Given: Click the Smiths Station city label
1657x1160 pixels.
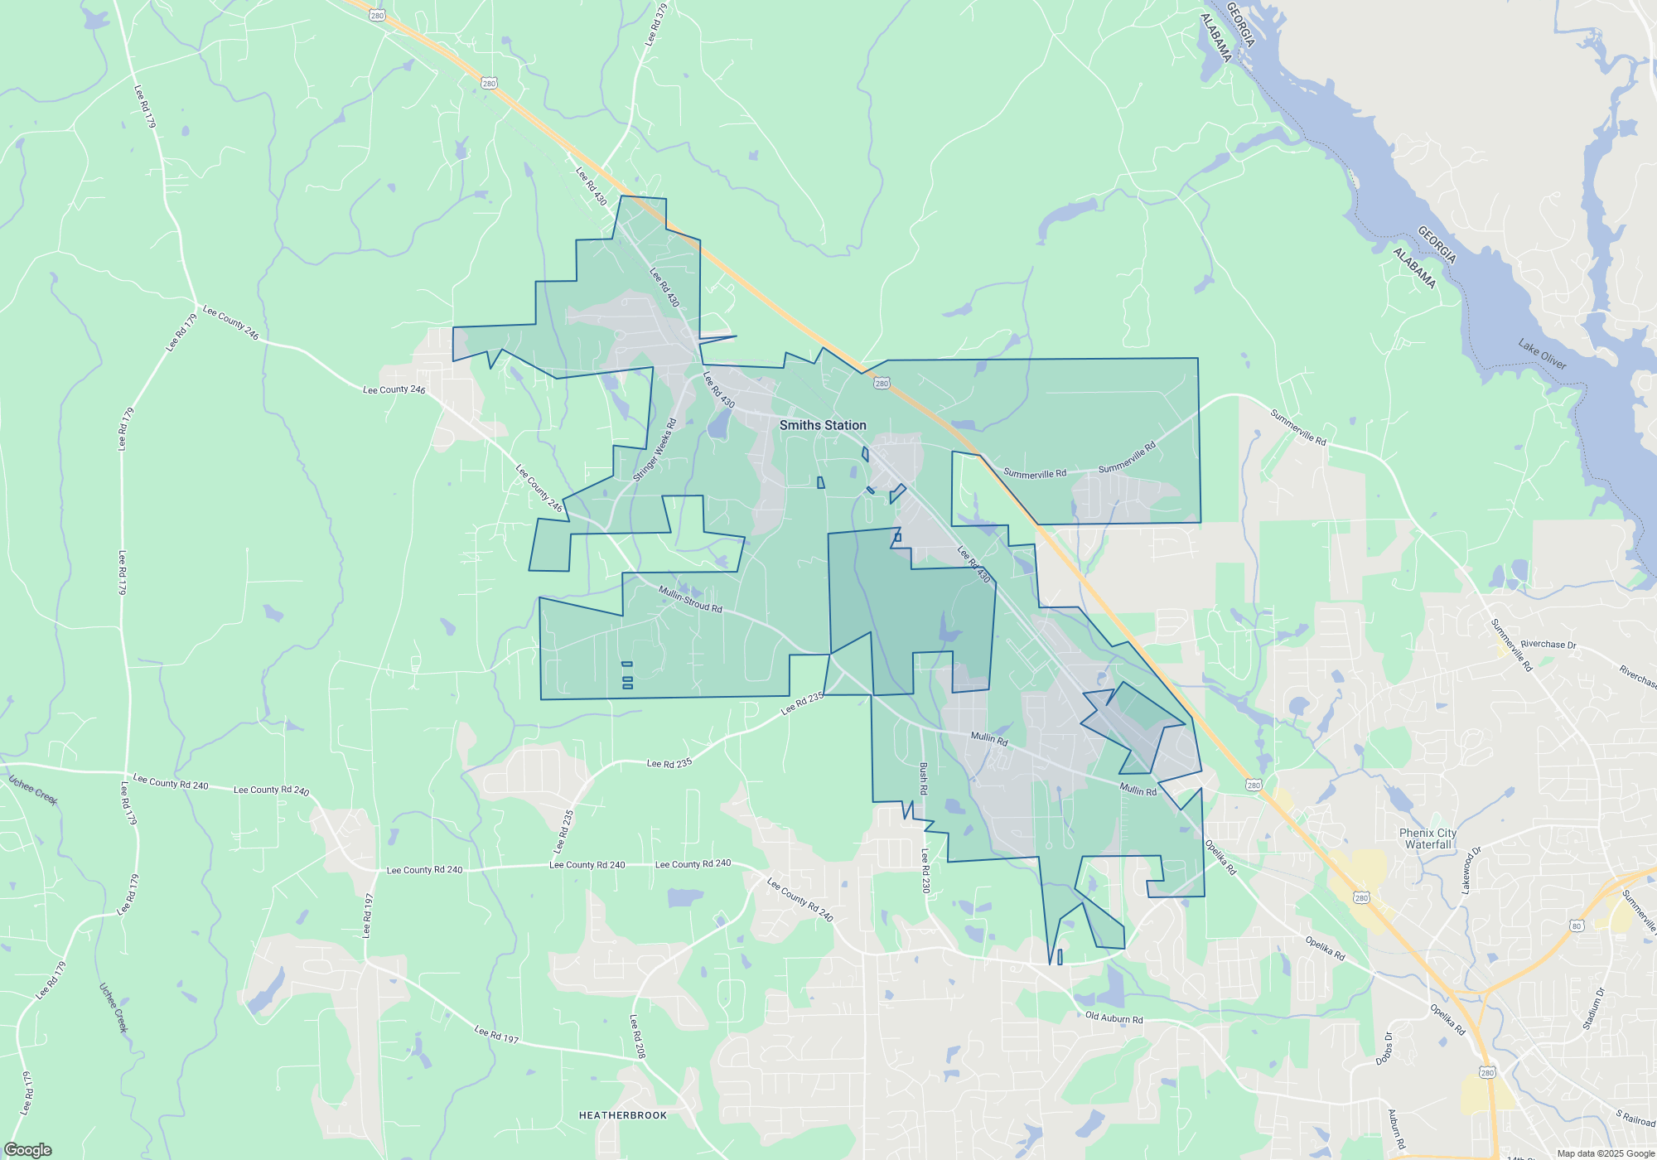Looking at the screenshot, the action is [823, 425].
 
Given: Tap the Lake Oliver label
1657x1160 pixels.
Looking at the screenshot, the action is [1542, 354].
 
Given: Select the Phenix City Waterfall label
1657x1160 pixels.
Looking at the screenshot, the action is [1428, 839].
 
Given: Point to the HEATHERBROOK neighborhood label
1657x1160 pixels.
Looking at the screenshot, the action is [622, 1115].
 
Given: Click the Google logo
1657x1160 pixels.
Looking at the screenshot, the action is [27, 1150].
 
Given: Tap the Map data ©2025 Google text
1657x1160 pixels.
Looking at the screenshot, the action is [1606, 1153].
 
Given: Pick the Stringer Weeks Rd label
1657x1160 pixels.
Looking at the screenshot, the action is [655, 450].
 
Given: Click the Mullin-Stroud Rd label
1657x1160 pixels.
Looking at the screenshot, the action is [690, 599].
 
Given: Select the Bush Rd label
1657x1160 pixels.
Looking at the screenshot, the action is [923, 779].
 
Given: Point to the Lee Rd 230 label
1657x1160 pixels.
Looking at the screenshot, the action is [925, 870].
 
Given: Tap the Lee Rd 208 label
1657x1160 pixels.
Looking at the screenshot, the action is [636, 1037].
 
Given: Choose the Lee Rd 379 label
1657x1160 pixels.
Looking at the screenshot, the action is [655, 25].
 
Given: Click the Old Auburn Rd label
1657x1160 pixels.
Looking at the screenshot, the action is [1114, 1017].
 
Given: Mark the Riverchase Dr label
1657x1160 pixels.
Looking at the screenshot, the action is [1548, 644].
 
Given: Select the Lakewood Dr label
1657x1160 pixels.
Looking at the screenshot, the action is [1471, 870].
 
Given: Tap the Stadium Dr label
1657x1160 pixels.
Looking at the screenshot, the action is [1593, 1009].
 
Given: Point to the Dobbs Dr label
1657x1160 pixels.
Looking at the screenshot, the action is [1384, 1048].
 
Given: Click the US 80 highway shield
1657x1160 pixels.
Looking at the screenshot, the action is [1577, 926].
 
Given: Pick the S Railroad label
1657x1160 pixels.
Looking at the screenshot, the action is [1635, 1117].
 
